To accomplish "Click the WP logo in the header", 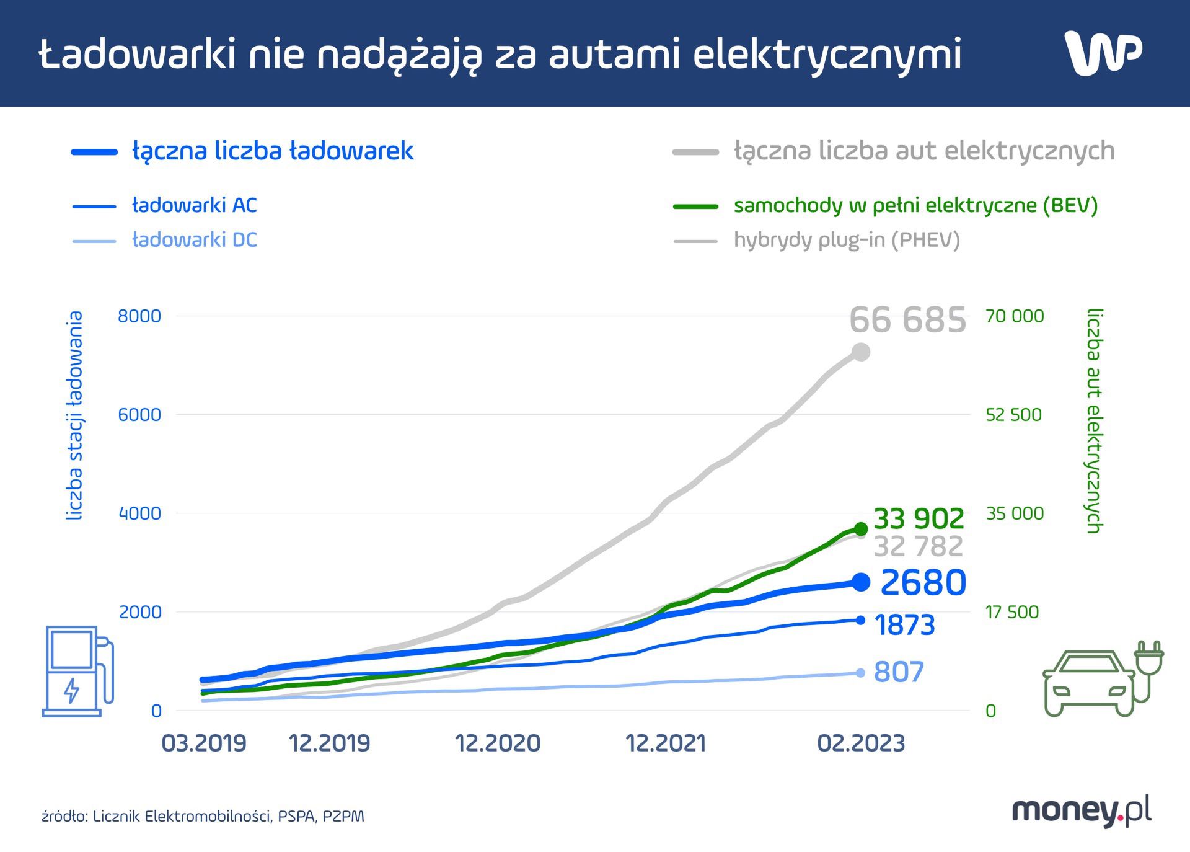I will tap(1103, 53).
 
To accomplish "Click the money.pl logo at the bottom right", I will tap(1082, 811).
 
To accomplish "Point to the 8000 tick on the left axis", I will tap(139, 316).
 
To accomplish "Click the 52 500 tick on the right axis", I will tap(1013, 415).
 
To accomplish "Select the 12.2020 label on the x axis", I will tap(498, 743).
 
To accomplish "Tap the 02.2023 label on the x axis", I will tap(861, 743).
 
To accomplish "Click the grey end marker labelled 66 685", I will tap(860, 352).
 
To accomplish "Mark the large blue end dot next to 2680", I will tap(861, 582).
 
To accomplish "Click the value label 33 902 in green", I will tap(919, 518).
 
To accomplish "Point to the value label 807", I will tap(899, 672).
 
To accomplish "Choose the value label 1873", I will tap(904, 625).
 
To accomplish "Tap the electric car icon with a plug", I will tap(1102, 680).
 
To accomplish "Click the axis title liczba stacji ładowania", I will tap(75, 415).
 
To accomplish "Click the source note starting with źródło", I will tap(203, 816).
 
